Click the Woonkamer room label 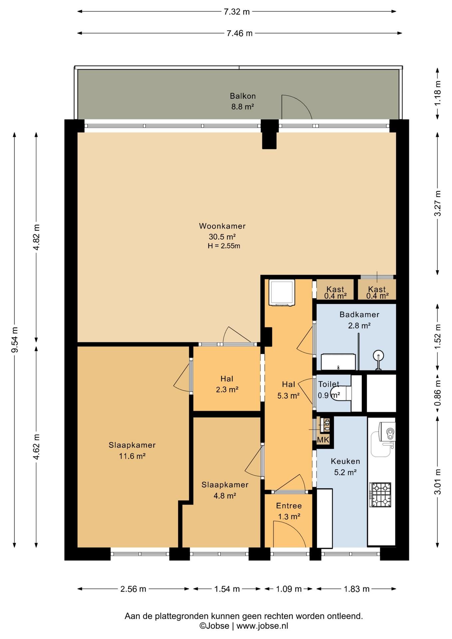click(x=222, y=226)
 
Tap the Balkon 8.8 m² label click(x=243, y=101)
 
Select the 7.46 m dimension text click(x=240, y=33)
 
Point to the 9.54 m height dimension click(x=14, y=340)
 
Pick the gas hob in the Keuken click(x=380, y=495)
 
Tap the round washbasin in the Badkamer click(x=378, y=355)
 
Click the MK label click(x=323, y=440)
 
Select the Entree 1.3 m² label click(x=289, y=511)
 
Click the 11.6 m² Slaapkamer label click(x=132, y=450)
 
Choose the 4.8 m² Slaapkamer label click(x=225, y=490)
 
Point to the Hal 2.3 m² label click(x=227, y=384)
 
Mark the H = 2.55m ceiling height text click(x=224, y=246)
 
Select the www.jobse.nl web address click(x=262, y=626)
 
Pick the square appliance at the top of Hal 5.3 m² click(x=282, y=293)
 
